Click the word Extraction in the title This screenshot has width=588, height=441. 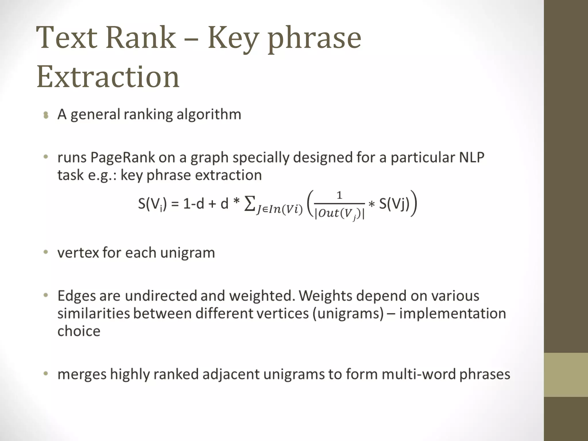108,77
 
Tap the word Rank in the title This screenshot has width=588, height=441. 141,38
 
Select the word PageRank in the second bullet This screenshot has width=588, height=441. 123,158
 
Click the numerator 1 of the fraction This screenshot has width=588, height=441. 339,196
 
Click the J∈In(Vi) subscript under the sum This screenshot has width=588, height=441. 279,210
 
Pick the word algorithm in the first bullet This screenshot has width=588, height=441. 209,115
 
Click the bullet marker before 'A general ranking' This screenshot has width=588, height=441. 46,115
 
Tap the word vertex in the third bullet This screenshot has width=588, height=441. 78,253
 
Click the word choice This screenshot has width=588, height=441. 79,331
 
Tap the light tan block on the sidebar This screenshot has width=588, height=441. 566,375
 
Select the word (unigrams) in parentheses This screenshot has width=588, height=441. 348,314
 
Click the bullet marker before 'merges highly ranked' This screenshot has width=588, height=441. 46,374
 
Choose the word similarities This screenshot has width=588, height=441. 94,314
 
